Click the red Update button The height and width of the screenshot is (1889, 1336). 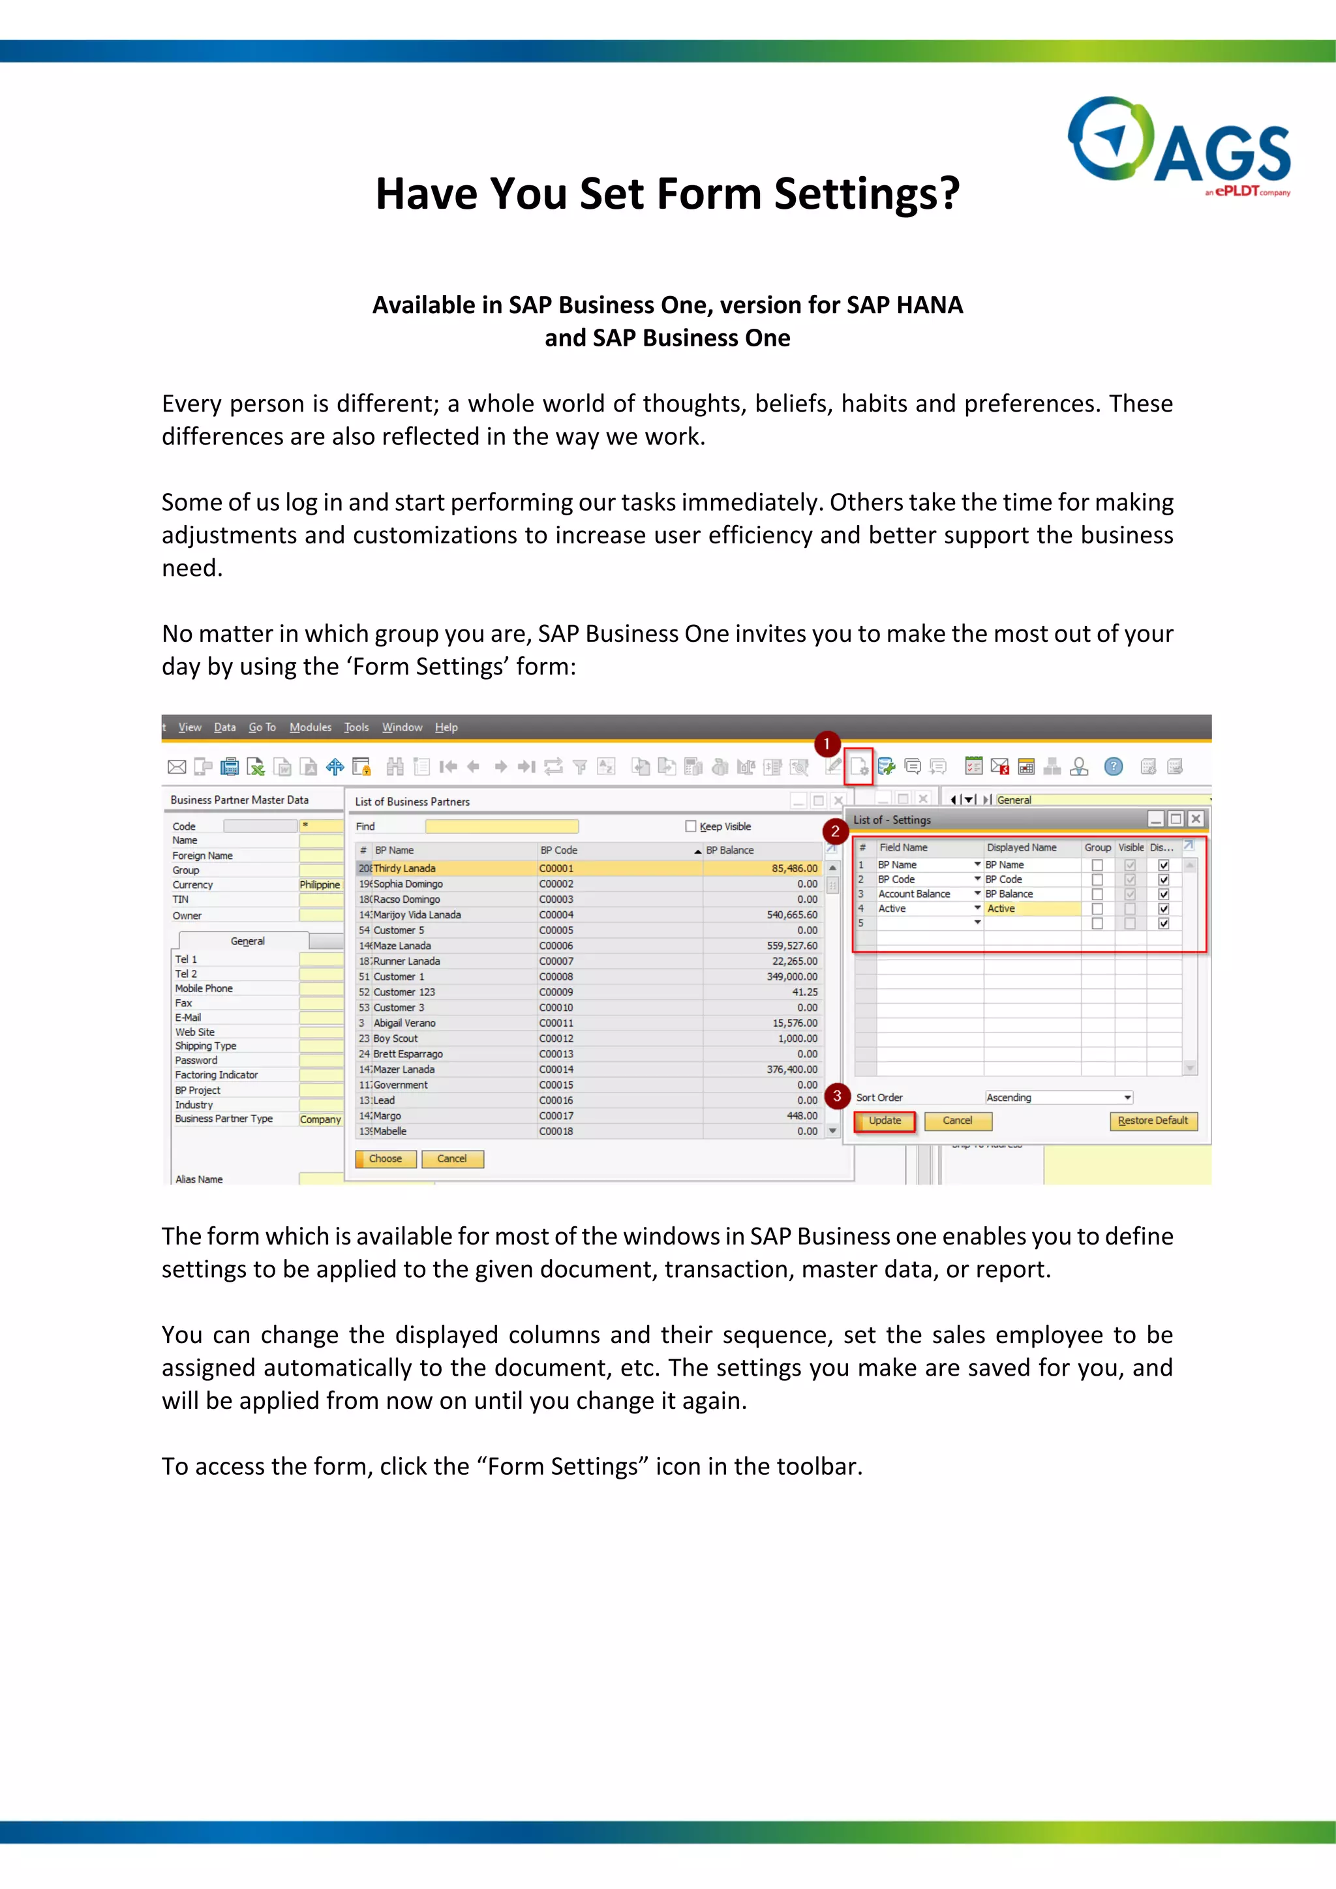(x=885, y=1121)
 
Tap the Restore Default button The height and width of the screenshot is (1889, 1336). (x=1153, y=1121)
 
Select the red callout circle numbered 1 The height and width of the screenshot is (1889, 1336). (x=827, y=744)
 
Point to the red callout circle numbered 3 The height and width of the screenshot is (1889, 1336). (x=837, y=1096)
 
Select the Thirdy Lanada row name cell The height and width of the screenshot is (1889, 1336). (x=404, y=868)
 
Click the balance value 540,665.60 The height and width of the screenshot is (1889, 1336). (x=791, y=915)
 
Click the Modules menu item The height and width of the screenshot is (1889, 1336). (x=310, y=727)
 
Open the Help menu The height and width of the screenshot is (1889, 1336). (x=446, y=727)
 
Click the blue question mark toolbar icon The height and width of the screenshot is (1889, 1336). (x=1113, y=767)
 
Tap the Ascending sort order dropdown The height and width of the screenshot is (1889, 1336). (x=1059, y=1098)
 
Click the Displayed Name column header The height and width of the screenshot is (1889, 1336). (x=1021, y=847)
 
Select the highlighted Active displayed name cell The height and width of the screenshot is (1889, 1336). (x=1031, y=909)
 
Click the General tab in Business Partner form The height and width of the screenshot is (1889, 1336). (x=247, y=941)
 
